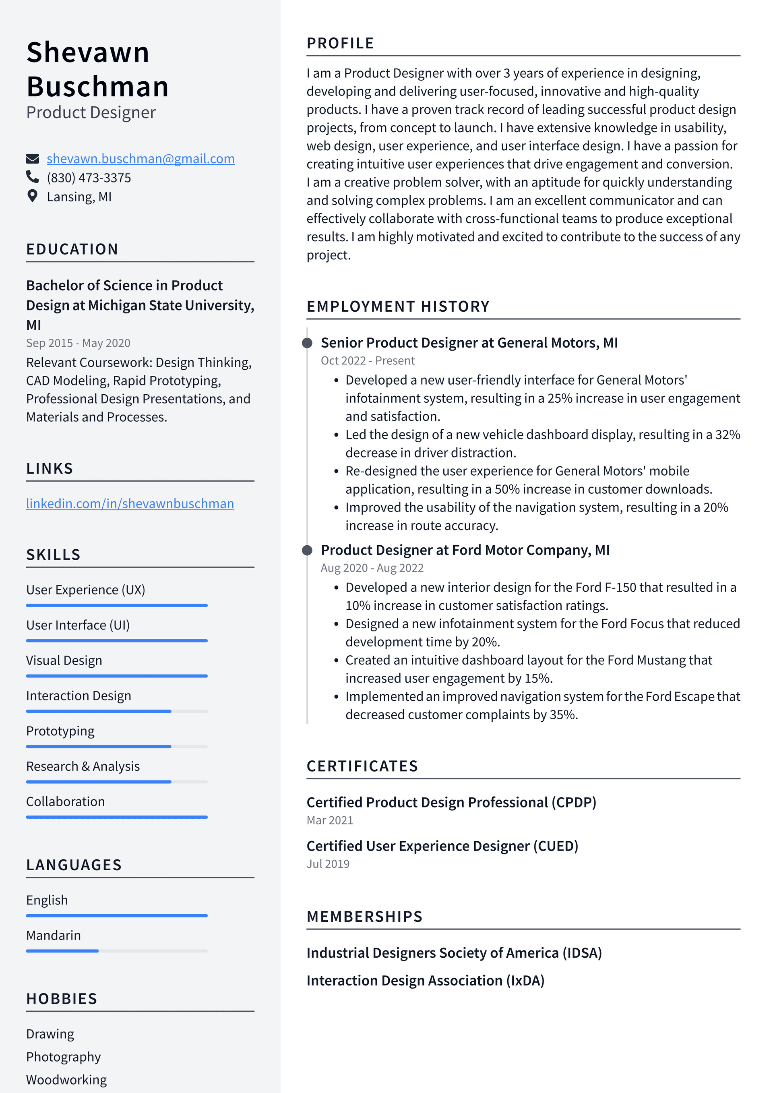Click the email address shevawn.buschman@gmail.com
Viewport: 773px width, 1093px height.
coord(141,159)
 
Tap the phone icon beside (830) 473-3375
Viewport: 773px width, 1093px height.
coord(32,177)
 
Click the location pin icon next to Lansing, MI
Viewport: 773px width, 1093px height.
coord(32,196)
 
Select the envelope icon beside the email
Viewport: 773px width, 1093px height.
coord(32,159)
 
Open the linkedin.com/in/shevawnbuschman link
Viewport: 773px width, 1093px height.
coord(130,504)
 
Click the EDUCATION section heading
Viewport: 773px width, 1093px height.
coord(72,249)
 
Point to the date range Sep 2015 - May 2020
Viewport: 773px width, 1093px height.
coord(78,343)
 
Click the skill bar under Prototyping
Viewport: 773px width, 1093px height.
coord(117,746)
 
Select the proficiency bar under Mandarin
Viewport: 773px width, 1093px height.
coord(117,951)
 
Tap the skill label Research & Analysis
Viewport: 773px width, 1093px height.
coord(83,766)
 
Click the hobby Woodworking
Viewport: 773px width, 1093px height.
coord(66,1080)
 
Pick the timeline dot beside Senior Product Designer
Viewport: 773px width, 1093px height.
coord(308,343)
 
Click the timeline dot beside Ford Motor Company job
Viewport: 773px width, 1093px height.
coord(308,550)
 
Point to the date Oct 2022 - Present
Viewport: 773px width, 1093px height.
coord(368,361)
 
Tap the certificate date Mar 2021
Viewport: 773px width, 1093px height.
coord(330,820)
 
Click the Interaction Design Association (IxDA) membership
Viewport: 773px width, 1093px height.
coord(425,981)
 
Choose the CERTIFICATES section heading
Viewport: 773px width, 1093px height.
coord(362,766)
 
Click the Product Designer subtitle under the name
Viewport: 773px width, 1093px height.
coord(91,113)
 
